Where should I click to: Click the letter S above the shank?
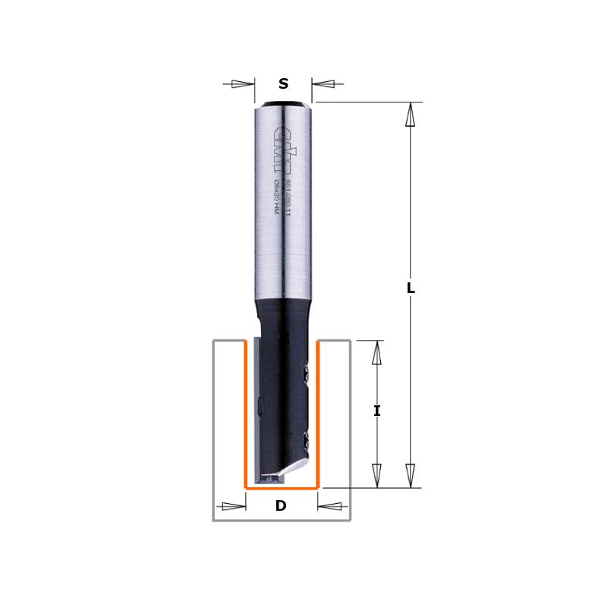pos(283,84)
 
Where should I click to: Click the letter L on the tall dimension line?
pos(411,288)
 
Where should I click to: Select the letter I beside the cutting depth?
pos(377,411)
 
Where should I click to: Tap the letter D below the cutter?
pos(281,506)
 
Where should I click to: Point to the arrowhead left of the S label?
pos(243,83)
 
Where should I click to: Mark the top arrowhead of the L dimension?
pos(411,114)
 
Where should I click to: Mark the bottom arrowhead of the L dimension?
pos(411,474)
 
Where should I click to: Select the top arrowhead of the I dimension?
pos(377,352)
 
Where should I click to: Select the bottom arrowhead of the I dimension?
pos(377,475)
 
